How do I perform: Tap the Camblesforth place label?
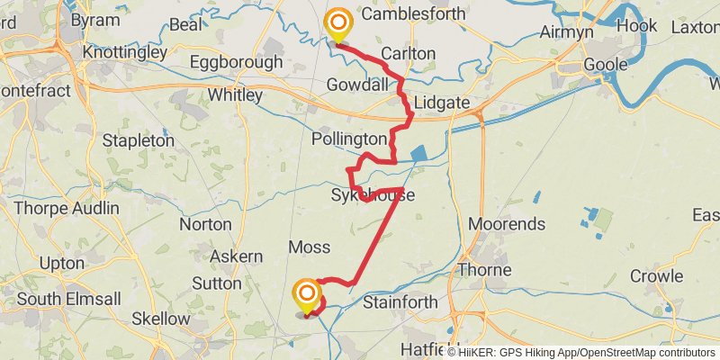413,14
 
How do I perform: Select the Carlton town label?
408,53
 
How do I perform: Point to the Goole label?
605,65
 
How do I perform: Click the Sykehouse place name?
373,194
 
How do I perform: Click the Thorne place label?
485,270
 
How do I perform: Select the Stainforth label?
400,302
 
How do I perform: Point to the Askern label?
236,256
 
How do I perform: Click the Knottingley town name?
124,52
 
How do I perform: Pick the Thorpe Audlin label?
67,208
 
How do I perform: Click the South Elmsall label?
63,298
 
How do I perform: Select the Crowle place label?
657,275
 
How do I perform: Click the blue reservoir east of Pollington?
419,155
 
